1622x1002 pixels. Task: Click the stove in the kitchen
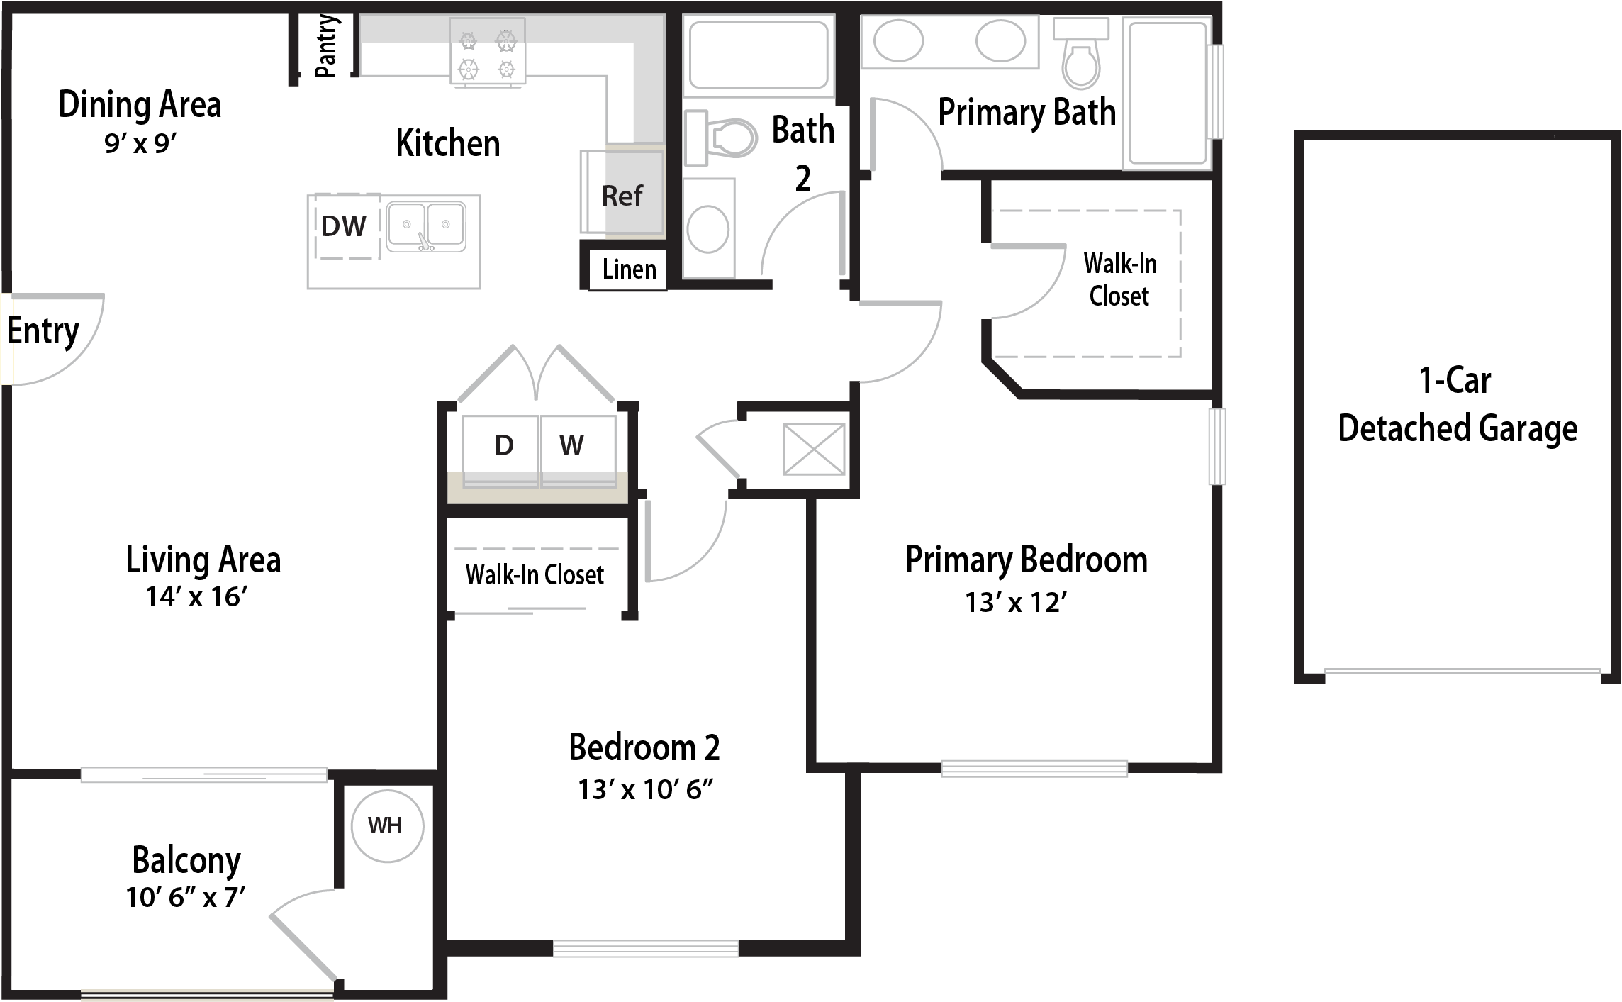click(x=488, y=52)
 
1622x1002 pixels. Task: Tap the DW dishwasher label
click(x=344, y=227)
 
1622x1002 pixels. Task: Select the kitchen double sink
click(x=426, y=226)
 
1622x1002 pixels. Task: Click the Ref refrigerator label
click(x=622, y=196)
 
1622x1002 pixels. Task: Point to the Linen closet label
click(x=630, y=269)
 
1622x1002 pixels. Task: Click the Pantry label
click(x=326, y=46)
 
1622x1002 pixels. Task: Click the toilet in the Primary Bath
click(x=1080, y=53)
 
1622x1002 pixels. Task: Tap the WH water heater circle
click(x=388, y=826)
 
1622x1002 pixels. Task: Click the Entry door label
click(x=43, y=331)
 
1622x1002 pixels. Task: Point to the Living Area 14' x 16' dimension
click(x=196, y=597)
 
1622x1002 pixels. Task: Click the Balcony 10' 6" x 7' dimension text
click(x=186, y=898)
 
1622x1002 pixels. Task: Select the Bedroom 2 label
click(x=644, y=747)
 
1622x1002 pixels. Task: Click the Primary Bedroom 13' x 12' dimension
click(x=1016, y=603)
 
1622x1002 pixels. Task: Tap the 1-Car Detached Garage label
click(x=1458, y=405)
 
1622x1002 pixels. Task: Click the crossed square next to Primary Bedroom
click(x=814, y=450)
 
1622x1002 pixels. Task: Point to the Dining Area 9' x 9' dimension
click(x=140, y=144)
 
